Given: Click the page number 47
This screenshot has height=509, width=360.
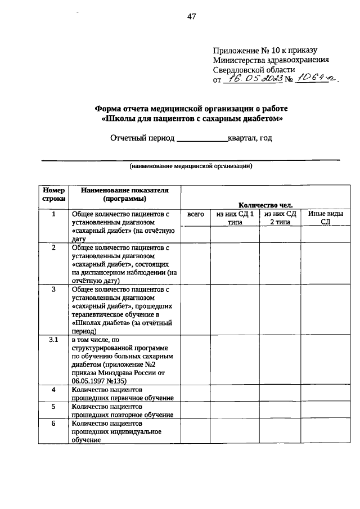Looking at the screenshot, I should click(191, 16).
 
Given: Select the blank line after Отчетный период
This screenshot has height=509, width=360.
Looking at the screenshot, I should click(202, 138).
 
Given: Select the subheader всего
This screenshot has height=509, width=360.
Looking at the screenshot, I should click(195, 214).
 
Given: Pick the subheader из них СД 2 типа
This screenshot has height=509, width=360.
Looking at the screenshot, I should click(280, 218).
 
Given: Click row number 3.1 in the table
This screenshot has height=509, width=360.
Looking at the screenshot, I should click(53, 340).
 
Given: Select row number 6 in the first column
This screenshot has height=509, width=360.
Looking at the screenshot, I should click(53, 422).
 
